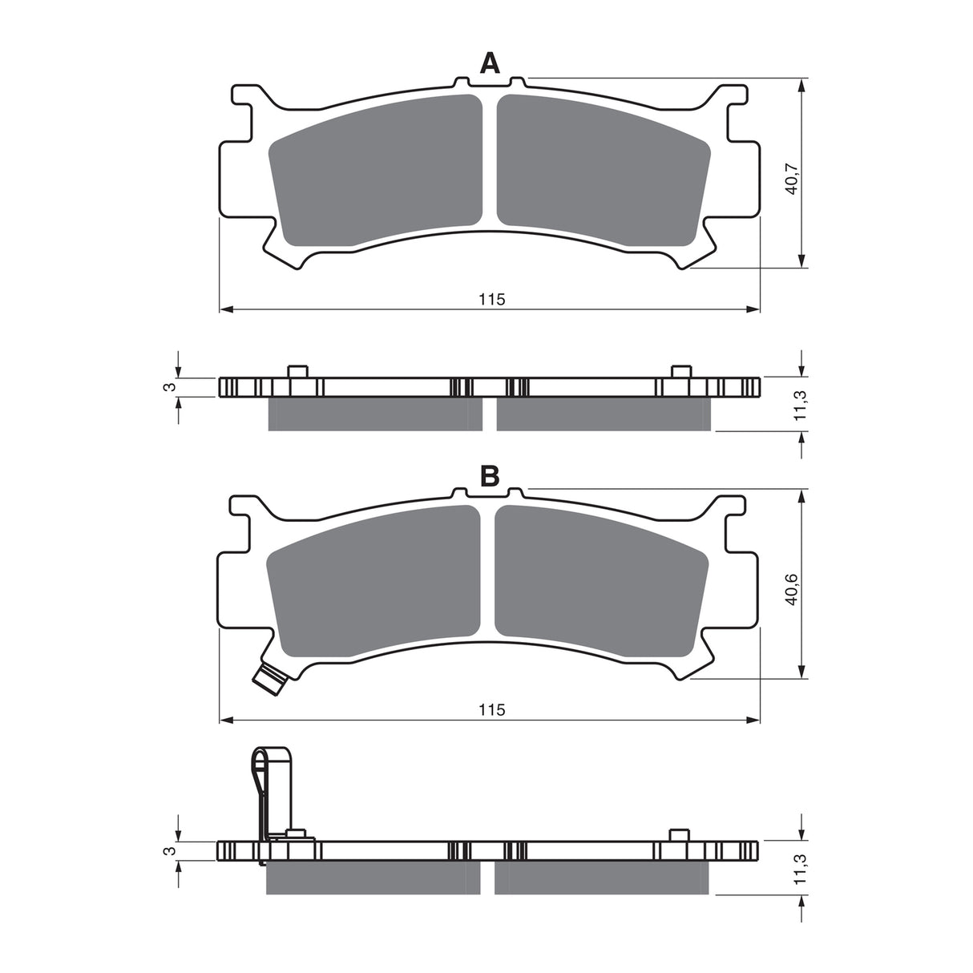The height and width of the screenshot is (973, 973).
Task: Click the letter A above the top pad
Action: point(490,63)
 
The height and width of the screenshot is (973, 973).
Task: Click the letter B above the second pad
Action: point(490,477)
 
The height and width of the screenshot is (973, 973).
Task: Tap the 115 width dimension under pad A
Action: point(491,299)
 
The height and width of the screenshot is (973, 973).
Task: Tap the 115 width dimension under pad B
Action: point(491,709)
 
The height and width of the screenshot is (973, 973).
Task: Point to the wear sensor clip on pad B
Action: point(270,679)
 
